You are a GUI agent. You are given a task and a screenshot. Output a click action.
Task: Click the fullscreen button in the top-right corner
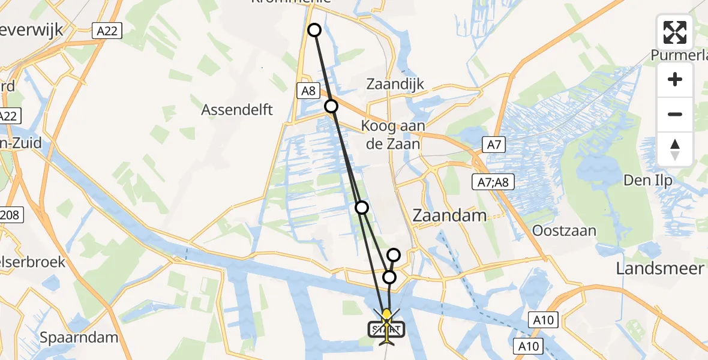click(x=675, y=32)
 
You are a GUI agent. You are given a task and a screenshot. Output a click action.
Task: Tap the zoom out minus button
click(x=675, y=114)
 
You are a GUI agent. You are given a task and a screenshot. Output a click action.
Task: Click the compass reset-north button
click(x=675, y=149)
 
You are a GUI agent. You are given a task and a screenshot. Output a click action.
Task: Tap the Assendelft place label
click(x=237, y=110)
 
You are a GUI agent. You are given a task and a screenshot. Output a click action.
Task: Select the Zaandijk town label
click(x=395, y=84)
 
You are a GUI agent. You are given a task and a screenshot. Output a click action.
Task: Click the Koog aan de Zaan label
click(x=393, y=135)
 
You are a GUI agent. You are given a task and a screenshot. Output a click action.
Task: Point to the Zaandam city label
click(x=450, y=215)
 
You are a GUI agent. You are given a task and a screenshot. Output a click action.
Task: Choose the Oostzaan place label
click(x=565, y=231)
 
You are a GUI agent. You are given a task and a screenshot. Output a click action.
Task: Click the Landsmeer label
click(x=659, y=268)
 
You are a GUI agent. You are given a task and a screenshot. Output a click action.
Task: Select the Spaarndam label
click(x=79, y=337)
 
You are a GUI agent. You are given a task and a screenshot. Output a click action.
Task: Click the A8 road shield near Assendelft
click(x=308, y=91)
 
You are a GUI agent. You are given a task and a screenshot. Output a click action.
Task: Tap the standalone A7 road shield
click(x=496, y=144)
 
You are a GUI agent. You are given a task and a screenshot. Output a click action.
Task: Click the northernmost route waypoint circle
click(x=314, y=30)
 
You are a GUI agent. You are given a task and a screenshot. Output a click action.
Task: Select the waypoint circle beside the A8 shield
click(x=331, y=106)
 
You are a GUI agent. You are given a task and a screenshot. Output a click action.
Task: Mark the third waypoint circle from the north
click(x=362, y=208)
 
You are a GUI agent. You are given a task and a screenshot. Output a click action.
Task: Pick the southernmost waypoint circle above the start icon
click(x=389, y=277)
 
